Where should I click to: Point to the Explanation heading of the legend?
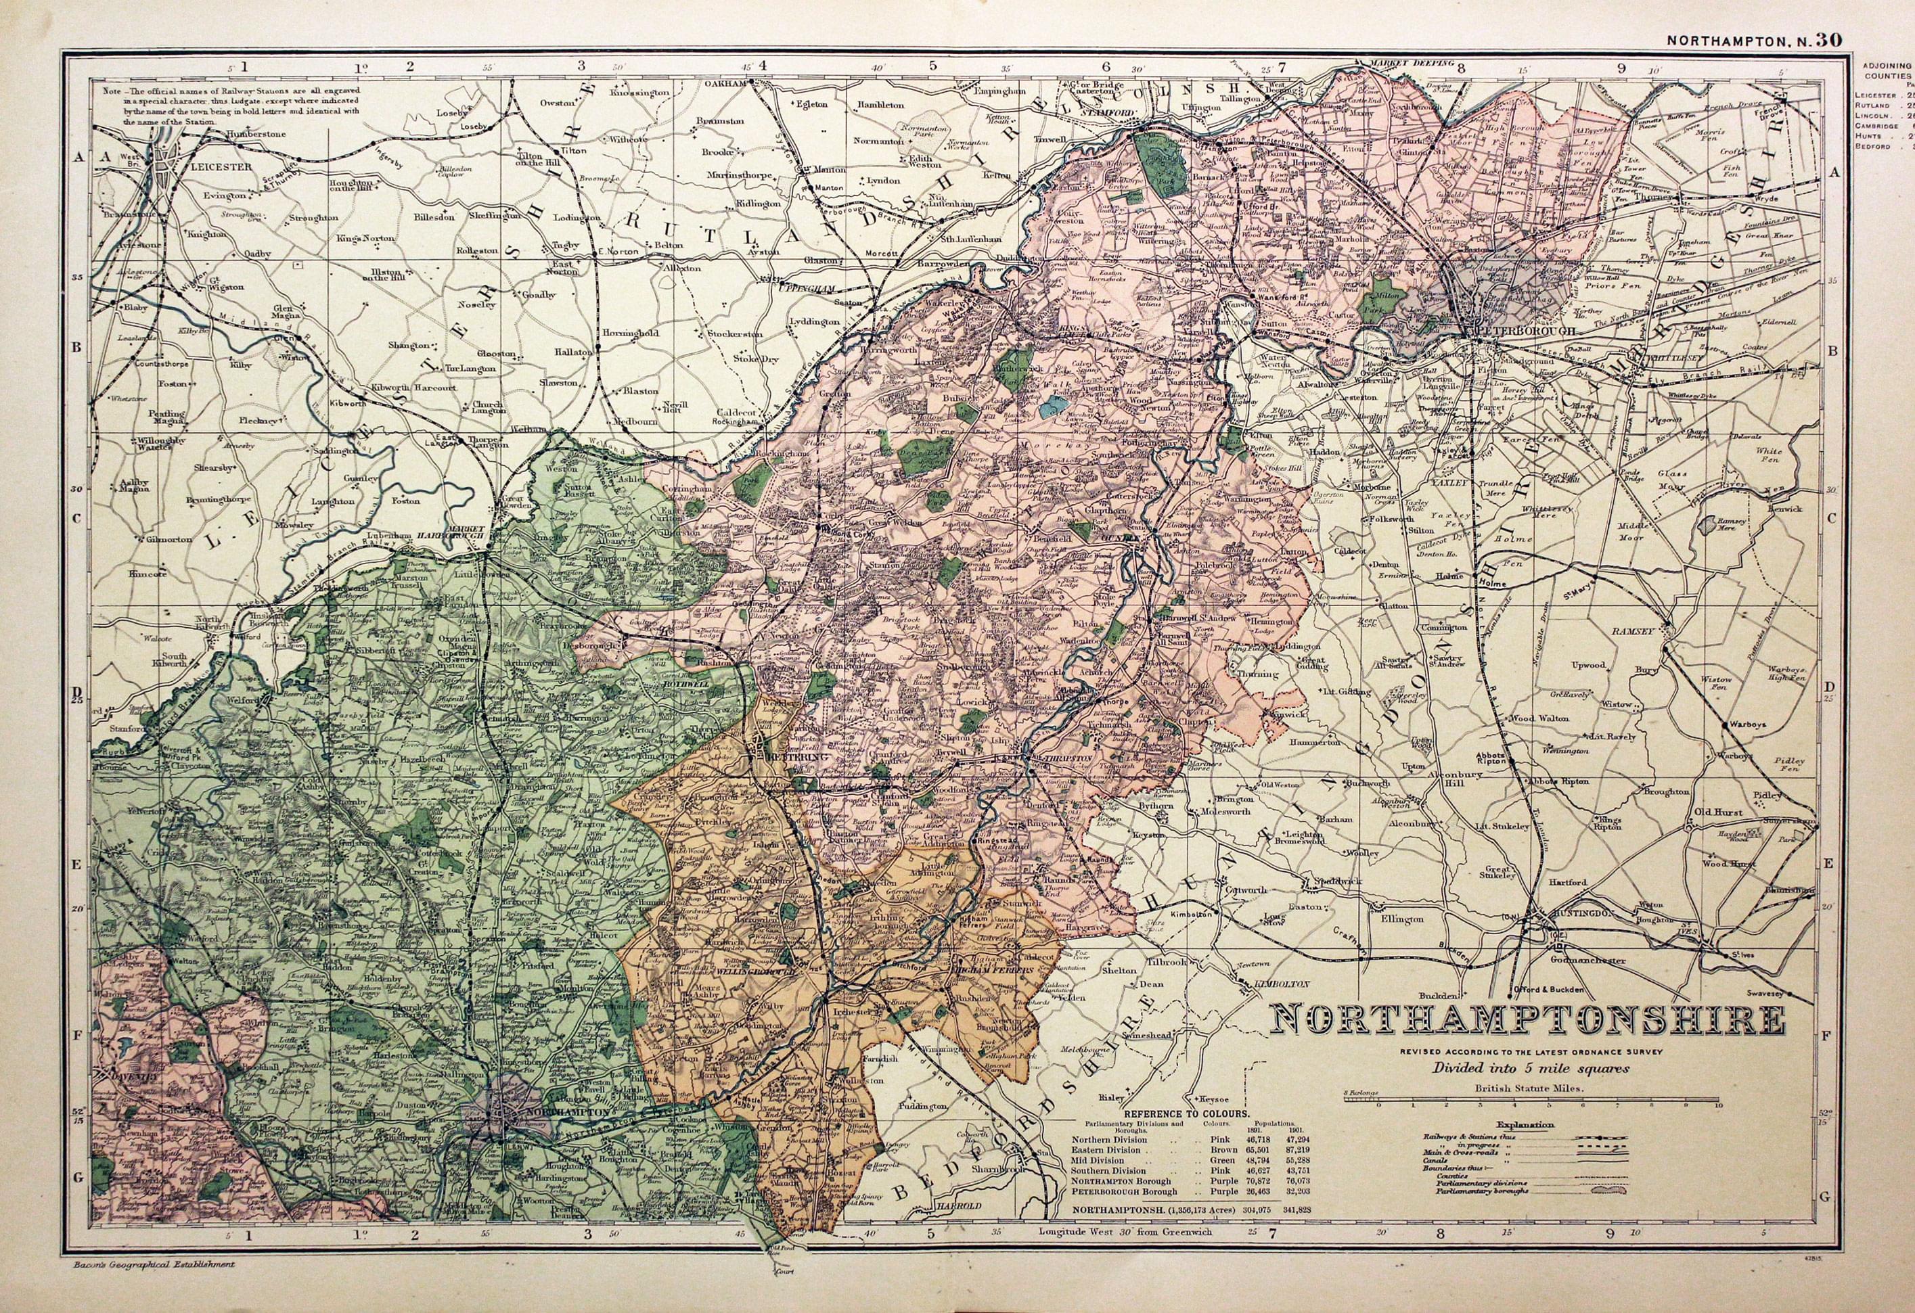1526,1124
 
